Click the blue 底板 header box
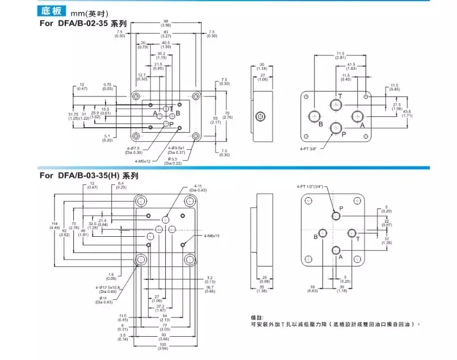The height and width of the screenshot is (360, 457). tap(52, 10)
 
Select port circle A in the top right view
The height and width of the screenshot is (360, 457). tap(357, 116)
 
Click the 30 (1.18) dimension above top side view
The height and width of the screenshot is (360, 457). tap(261, 66)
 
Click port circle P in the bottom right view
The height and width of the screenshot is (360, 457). tap(337, 216)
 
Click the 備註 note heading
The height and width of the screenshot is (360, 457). tap(257, 317)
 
